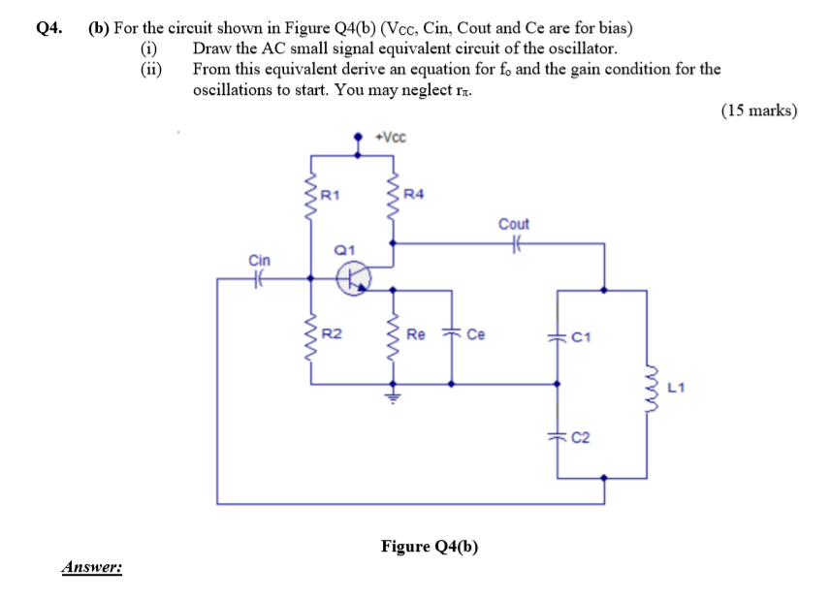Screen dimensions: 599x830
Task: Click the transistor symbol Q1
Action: (x=352, y=279)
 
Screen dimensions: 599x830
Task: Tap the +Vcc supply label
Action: (x=391, y=137)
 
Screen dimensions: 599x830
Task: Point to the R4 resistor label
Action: (x=413, y=195)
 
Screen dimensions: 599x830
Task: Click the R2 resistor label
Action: (x=331, y=334)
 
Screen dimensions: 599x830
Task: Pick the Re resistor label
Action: (x=415, y=334)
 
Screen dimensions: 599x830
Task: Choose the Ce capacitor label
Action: (x=475, y=334)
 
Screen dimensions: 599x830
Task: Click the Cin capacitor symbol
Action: (x=259, y=279)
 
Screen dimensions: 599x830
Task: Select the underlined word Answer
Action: (x=92, y=567)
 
